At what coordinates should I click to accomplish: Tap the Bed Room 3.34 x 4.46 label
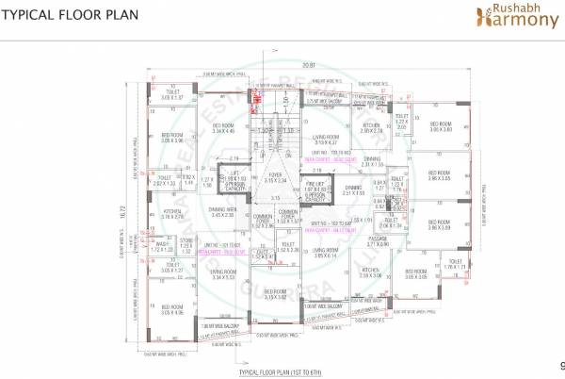(x=223, y=129)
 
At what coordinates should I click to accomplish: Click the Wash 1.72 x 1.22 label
(x=162, y=247)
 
